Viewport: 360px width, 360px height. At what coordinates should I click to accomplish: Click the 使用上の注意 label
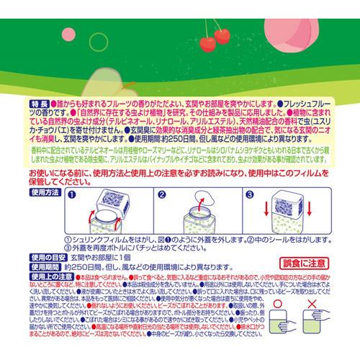[x=31, y=276]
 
